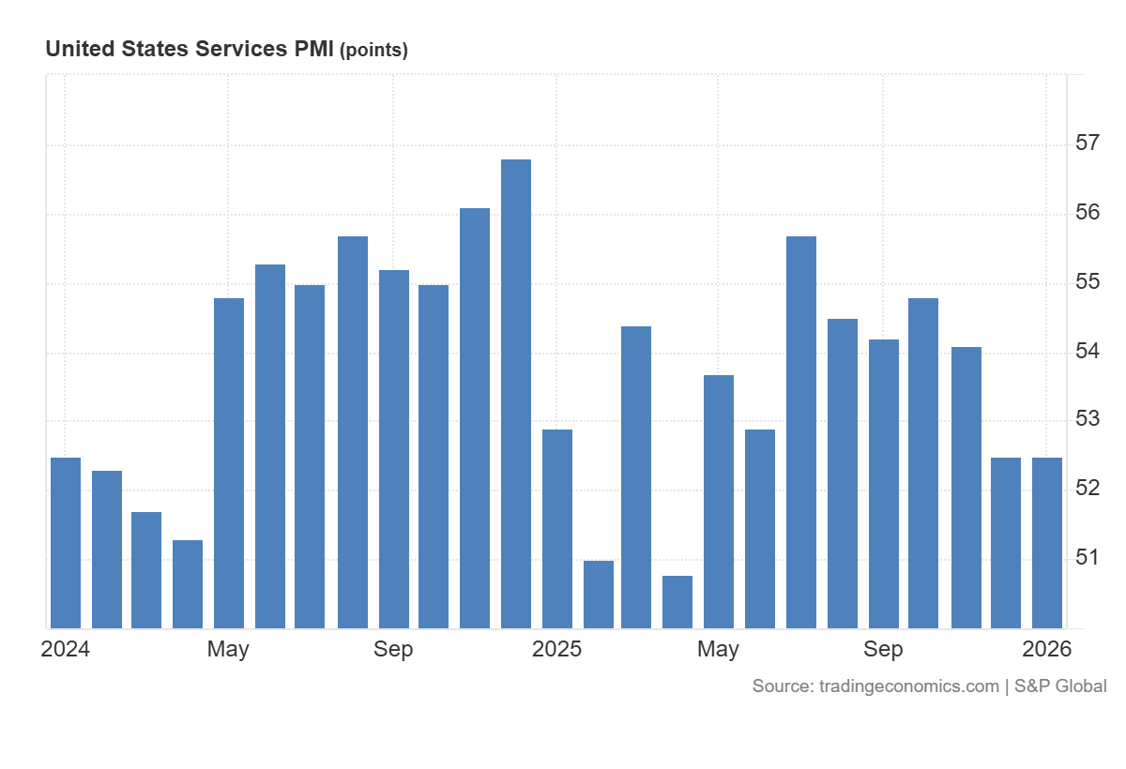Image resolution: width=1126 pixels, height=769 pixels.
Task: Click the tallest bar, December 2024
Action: click(x=516, y=394)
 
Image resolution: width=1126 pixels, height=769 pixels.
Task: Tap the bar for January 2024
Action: click(x=66, y=543)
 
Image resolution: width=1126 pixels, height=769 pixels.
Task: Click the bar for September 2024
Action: click(x=394, y=449)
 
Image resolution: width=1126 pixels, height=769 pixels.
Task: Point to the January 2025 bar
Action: click(x=557, y=529)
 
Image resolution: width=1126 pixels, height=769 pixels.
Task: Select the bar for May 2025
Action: click(x=719, y=502)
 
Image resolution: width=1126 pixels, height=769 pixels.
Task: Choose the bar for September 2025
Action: click(x=884, y=484)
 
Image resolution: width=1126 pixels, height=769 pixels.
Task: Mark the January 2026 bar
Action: click(x=1047, y=543)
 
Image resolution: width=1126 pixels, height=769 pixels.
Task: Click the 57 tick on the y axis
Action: click(x=1088, y=143)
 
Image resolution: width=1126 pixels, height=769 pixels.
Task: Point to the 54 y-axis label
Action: click(x=1088, y=352)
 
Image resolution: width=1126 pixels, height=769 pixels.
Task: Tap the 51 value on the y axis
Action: click(x=1088, y=558)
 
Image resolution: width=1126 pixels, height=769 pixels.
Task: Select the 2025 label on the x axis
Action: click(x=556, y=649)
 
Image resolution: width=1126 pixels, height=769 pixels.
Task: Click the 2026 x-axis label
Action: click(x=1046, y=649)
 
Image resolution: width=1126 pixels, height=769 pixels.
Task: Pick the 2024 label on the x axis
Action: click(x=66, y=649)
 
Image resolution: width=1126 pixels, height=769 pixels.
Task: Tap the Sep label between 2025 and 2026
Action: click(x=883, y=649)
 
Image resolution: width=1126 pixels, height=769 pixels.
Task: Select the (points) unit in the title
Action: click(x=373, y=51)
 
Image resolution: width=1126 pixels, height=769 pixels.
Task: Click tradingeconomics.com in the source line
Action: click(x=909, y=686)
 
